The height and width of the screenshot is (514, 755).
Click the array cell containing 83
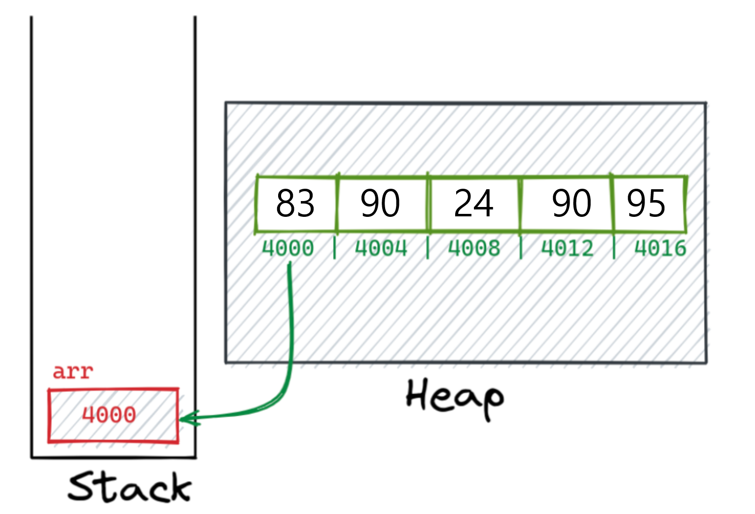point(295,203)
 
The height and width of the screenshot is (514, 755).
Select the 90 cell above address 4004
point(380,203)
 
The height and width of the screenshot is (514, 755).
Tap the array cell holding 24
point(473,203)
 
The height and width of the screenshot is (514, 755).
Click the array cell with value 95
point(647,203)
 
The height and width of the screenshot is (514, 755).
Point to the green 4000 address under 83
point(288,248)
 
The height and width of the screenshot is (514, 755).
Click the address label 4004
point(381,248)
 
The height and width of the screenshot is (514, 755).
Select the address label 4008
point(474,248)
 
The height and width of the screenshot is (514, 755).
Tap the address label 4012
point(568,248)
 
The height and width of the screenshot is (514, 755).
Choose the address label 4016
point(660,248)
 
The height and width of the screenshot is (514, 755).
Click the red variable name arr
point(72,372)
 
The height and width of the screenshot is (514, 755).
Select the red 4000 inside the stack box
point(109,415)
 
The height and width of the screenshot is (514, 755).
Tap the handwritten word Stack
point(129,487)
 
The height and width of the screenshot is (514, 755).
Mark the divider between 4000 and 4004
point(335,247)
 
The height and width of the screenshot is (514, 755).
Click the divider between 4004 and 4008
point(428,247)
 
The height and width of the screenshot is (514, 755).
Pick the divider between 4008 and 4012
point(521,247)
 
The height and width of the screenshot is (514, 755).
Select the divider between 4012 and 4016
point(614,247)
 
